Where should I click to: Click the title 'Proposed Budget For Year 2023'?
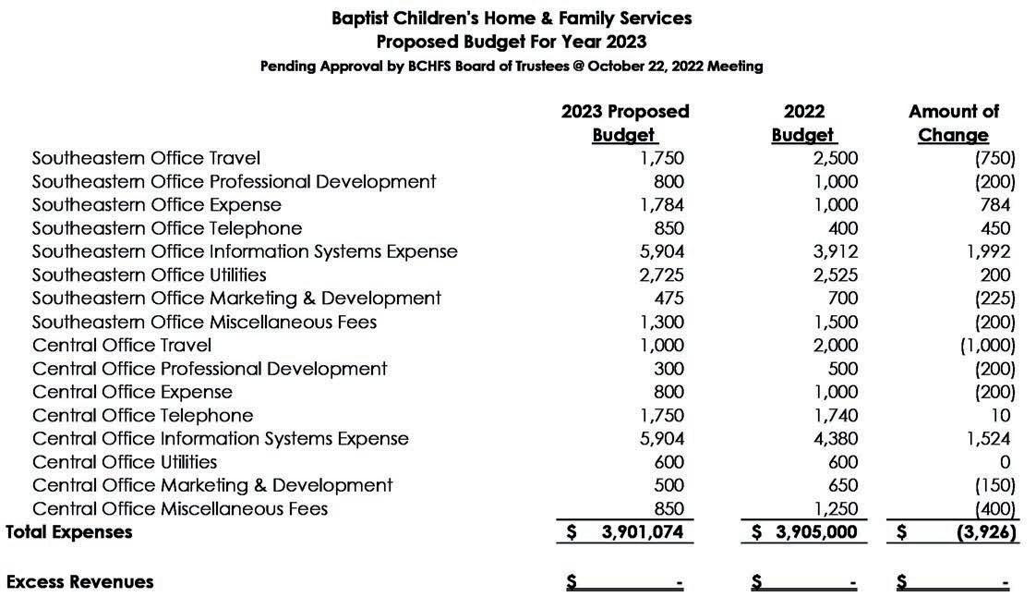(x=511, y=42)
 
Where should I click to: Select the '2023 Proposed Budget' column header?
(x=625, y=123)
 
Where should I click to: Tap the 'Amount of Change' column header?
(x=953, y=123)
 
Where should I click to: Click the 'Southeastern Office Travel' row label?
(x=146, y=158)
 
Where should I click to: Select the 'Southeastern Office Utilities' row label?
(x=149, y=274)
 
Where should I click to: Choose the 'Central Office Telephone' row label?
(x=142, y=416)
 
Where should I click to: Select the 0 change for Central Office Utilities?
(x=1005, y=462)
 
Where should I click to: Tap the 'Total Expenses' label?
(x=69, y=532)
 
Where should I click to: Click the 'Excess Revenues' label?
(x=79, y=582)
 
